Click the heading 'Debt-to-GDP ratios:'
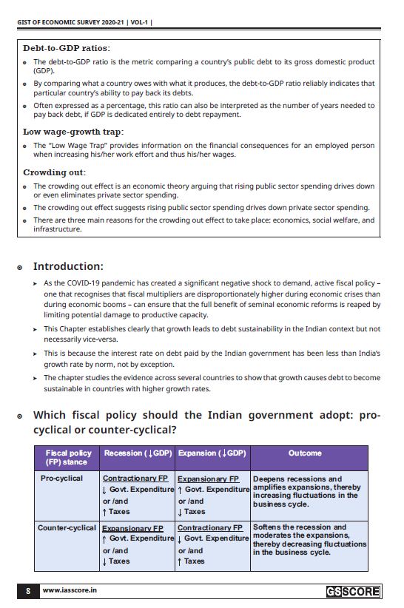[x=67, y=48]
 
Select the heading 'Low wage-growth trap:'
[x=71, y=132]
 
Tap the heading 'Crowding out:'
[x=54, y=172]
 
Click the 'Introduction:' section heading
[x=68, y=266]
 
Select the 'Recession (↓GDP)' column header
[x=138, y=453]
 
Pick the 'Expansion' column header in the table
[x=212, y=453]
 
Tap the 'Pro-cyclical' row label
[x=61, y=479]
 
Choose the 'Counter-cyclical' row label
[x=67, y=527]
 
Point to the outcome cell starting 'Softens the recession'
[x=309, y=540]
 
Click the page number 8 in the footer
[x=27, y=591]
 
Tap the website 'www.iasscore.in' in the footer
[x=70, y=591]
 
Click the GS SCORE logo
[x=353, y=591]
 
